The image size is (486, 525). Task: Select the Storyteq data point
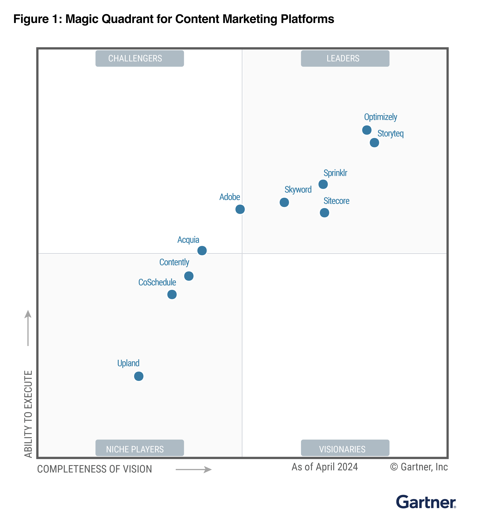(x=374, y=143)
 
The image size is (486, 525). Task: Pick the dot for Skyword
(x=284, y=202)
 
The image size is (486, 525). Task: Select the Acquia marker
(x=202, y=251)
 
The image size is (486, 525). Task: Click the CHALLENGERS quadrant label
(x=140, y=58)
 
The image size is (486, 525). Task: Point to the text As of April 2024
(x=325, y=467)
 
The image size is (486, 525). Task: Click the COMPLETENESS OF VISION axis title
(x=95, y=469)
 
